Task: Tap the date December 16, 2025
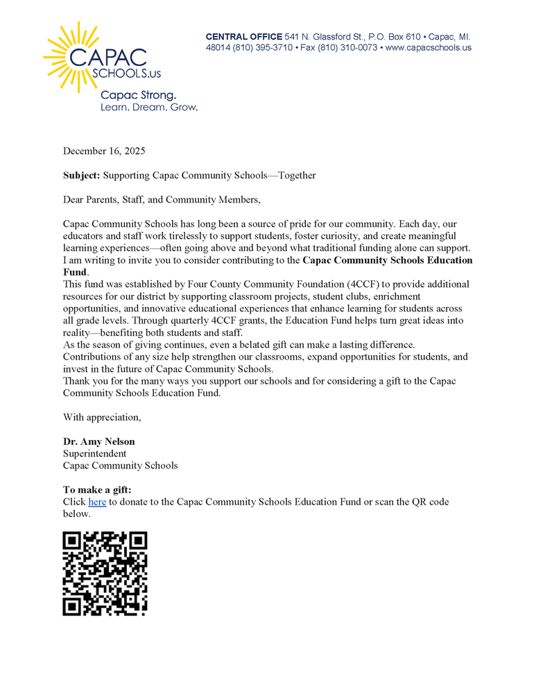pyautogui.click(x=104, y=151)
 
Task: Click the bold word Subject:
pyautogui.click(x=82, y=176)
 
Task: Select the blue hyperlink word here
pyautogui.click(x=97, y=502)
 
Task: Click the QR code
pyautogui.click(x=105, y=573)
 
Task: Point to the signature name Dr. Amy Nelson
pyautogui.click(x=99, y=441)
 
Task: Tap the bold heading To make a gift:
pyautogui.click(x=97, y=490)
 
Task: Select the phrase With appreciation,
pyautogui.click(x=102, y=417)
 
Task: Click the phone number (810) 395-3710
pyautogui.click(x=257, y=48)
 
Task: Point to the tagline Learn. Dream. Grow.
pyautogui.click(x=149, y=108)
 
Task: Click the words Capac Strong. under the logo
pyautogui.click(x=139, y=94)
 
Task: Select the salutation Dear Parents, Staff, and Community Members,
pyautogui.click(x=162, y=200)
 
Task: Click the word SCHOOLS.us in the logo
pyautogui.click(x=131, y=72)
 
